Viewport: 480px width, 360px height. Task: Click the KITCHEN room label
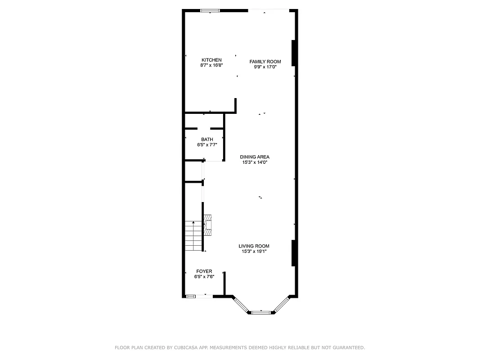pyautogui.click(x=211, y=60)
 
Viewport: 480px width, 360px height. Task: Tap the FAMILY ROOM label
pyautogui.click(x=265, y=62)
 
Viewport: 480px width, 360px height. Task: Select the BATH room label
pyautogui.click(x=207, y=139)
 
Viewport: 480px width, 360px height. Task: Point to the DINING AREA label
pyautogui.click(x=255, y=157)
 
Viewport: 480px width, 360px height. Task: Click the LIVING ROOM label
pyautogui.click(x=254, y=246)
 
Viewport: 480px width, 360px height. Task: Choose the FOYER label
pyautogui.click(x=204, y=271)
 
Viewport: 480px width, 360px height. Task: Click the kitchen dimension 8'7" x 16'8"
pyautogui.click(x=211, y=65)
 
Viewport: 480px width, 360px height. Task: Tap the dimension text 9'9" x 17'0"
pyautogui.click(x=265, y=67)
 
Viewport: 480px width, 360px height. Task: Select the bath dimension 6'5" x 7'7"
pyautogui.click(x=207, y=145)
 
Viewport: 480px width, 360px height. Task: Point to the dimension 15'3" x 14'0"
pyautogui.click(x=255, y=162)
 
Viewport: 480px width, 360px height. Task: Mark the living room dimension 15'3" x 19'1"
pyautogui.click(x=254, y=252)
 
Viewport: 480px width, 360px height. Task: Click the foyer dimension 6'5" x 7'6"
pyautogui.click(x=204, y=277)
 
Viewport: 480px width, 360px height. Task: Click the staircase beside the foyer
pyautogui.click(x=193, y=236)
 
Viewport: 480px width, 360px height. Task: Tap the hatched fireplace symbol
pyautogui.click(x=208, y=226)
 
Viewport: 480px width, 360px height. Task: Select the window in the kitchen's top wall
pyautogui.click(x=210, y=11)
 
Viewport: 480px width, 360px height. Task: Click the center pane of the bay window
pyautogui.click(x=261, y=312)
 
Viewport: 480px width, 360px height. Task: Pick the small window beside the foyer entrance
pyautogui.click(x=191, y=296)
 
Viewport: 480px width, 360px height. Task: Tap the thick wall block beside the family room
pyautogui.click(x=293, y=53)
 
